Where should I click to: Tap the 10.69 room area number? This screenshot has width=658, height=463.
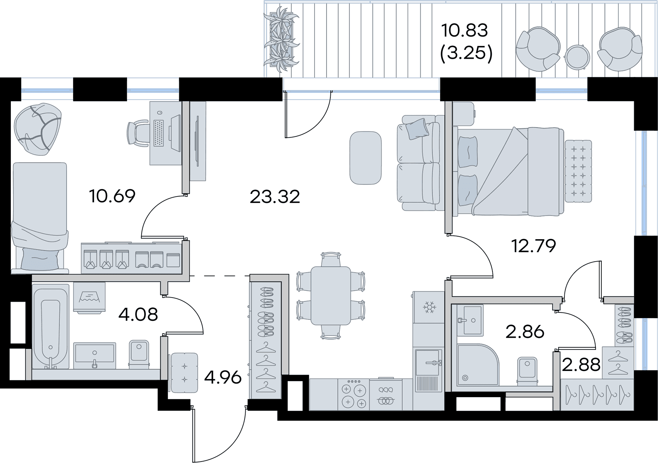tap(112, 196)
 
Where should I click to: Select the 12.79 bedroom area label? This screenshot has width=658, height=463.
tap(534, 246)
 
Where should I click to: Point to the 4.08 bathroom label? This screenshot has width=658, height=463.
tap(137, 314)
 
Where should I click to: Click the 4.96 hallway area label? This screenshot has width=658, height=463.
tap(223, 378)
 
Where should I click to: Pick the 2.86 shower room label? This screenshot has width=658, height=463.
tap(525, 332)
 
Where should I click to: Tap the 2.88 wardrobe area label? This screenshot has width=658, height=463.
tap(582, 364)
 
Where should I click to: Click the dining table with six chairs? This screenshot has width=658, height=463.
tap(331, 296)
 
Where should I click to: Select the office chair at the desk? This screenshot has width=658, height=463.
tap(137, 133)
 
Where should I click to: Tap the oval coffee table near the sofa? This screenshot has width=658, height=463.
tap(366, 158)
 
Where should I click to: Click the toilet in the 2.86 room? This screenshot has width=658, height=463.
tap(527, 371)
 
